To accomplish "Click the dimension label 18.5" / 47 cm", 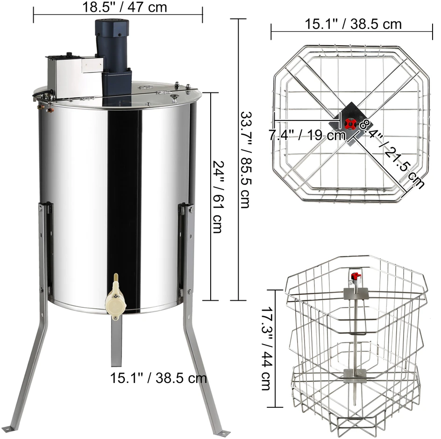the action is click(125, 7).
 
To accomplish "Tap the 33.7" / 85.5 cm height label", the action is click(246, 160).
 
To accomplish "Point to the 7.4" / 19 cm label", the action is click(306, 135).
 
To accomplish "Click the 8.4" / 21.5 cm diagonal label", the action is click(391, 153).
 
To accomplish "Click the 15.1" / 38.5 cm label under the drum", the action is click(158, 378).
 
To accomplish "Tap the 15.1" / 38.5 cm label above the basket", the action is click(353, 24).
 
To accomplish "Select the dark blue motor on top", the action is click(113, 56).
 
